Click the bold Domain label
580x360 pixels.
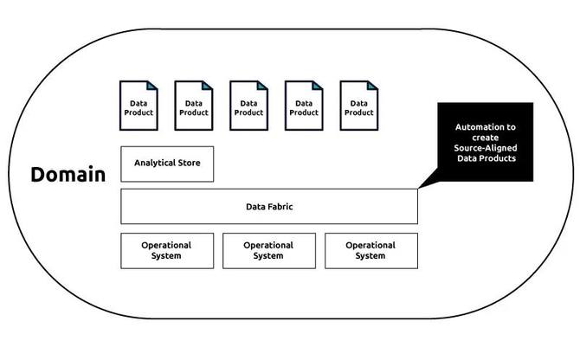pyautogui.click(x=68, y=175)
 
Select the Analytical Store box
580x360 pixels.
pyautogui.click(x=167, y=164)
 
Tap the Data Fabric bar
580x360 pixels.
pyautogui.click(x=269, y=206)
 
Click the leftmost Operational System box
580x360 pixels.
pyautogui.click(x=167, y=251)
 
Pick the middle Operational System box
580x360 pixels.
pyautogui.click(x=269, y=251)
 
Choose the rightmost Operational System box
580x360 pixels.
pyautogui.click(x=371, y=251)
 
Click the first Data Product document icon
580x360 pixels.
pyautogui.click(x=139, y=106)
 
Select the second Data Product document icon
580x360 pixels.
pyautogui.click(x=194, y=106)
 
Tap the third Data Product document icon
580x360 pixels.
pyautogui.click(x=249, y=106)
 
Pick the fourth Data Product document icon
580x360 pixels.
pyautogui.click(x=304, y=106)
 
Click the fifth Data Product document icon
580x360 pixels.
pyautogui.click(x=359, y=106)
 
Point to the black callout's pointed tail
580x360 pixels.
pyautogui.click(x=419, y=188)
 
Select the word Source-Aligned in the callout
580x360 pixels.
pyautogui.click(x=486, y=148)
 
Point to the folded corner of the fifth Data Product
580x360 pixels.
pyautogui.click(x=373, y=86)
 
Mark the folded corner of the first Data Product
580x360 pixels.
pyautogui.click(x=152, y=86)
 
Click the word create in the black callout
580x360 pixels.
pyautogui.click(x=486, y=138)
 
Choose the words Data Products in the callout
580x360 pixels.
pyautogui.click(x=487, y=158)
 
